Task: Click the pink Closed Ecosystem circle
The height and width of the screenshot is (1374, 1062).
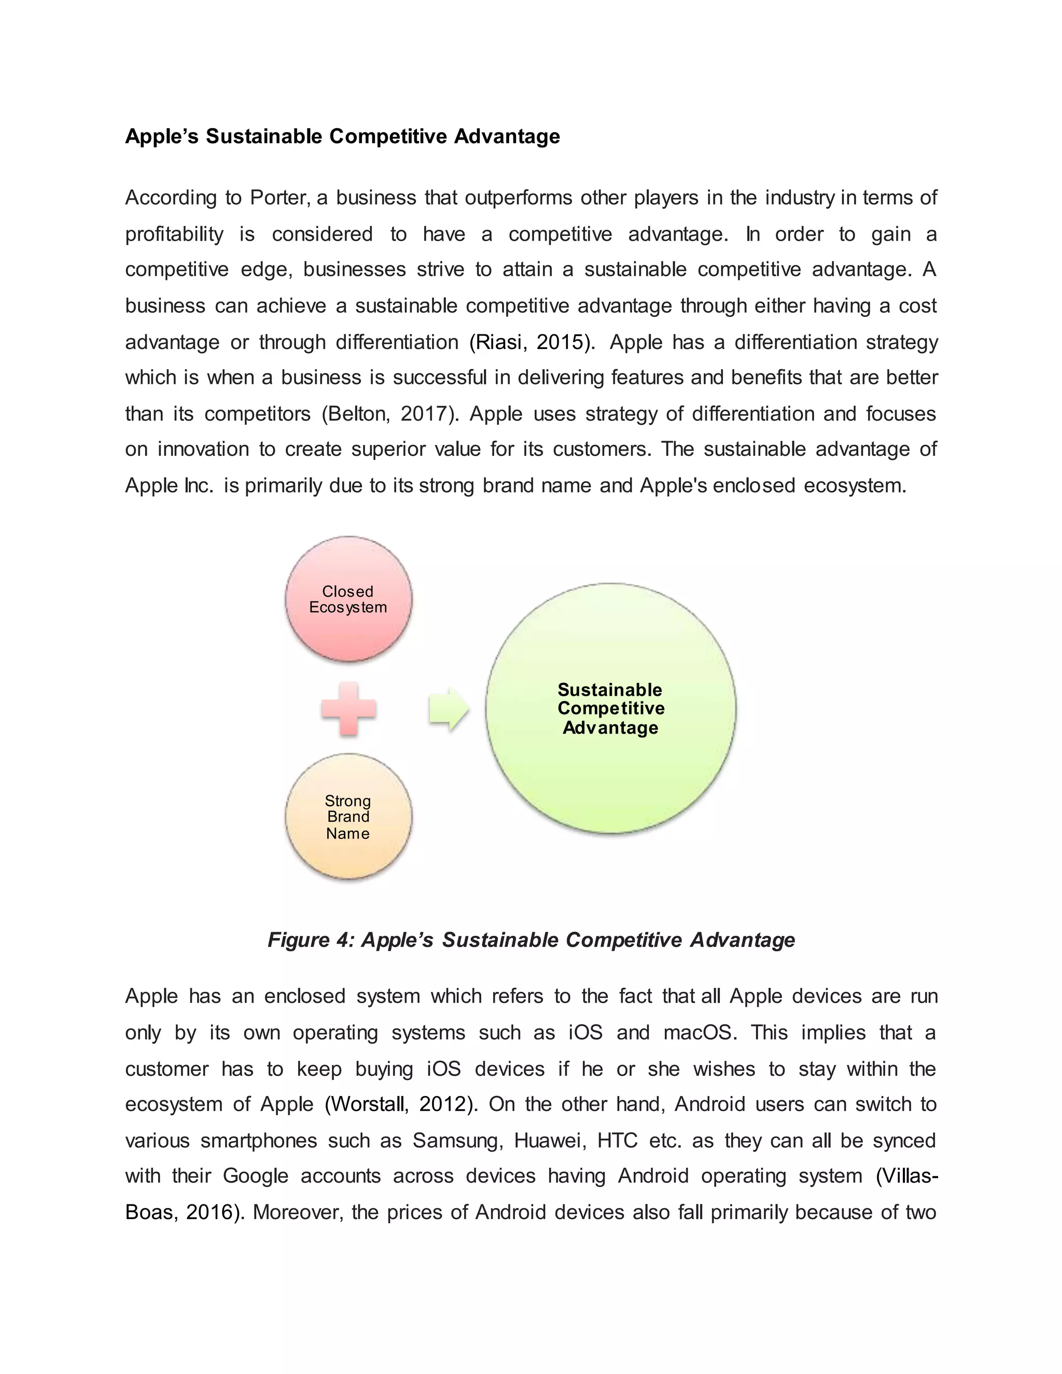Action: pos(348,598)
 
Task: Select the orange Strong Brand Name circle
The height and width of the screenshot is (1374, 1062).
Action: pos(348,816)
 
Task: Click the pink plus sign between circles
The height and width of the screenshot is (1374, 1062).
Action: pos(348,708)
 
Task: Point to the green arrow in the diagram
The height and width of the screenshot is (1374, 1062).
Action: pos(449,708)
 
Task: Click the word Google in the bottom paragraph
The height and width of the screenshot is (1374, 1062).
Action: pos(256,1175)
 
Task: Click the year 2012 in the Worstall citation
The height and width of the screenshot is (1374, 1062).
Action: pos(443,1103)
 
